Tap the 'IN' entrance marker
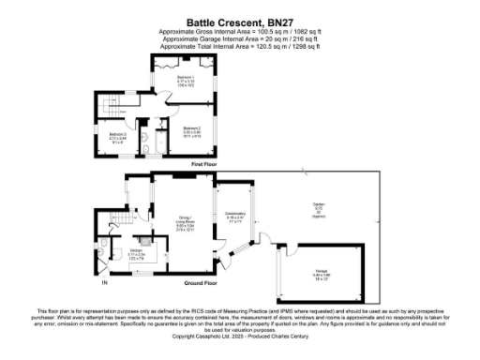105,282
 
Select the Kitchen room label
135,253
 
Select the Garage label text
322,273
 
